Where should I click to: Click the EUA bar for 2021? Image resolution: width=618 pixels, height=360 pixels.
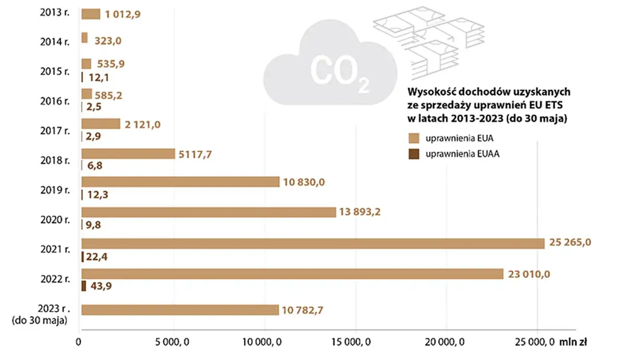tap(313, 243)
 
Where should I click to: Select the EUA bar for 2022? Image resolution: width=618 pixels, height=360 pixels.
tap(292, 274)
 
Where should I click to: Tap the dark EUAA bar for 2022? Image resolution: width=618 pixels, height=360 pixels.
tap(84, 286)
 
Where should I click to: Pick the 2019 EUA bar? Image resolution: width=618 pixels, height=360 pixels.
tap(180, 182)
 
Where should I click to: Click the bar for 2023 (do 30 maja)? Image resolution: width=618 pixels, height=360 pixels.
tap(180, 310)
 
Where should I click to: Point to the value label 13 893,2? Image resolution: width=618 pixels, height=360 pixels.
tap(360, 212)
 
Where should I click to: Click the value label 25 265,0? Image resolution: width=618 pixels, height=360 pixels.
tap(570, 243)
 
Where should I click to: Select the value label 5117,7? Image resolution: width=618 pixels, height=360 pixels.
tap(196, 154)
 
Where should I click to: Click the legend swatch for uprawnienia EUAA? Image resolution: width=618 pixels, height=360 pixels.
tap(414, 154)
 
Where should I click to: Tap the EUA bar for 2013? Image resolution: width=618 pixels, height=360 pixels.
tap(90, 14)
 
